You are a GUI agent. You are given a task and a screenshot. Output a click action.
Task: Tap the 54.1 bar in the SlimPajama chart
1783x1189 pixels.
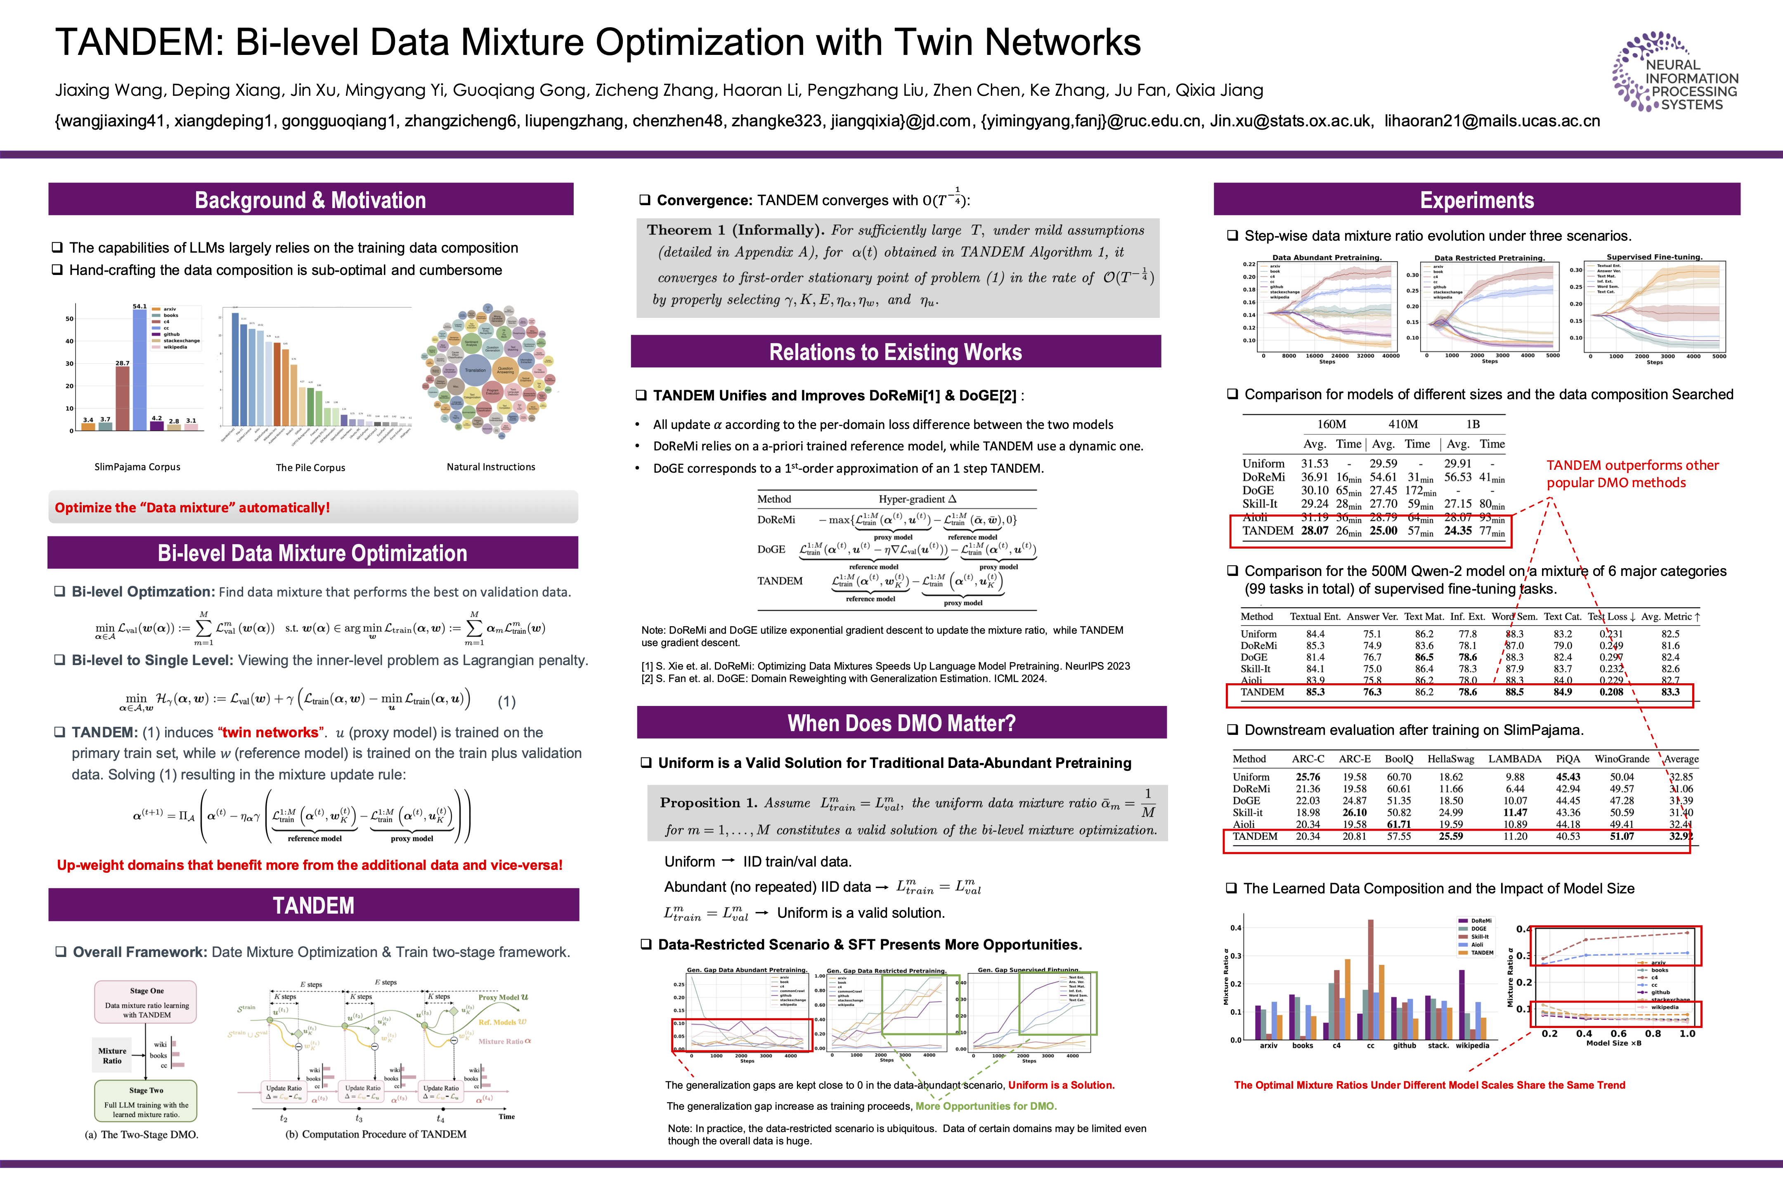point(140,369)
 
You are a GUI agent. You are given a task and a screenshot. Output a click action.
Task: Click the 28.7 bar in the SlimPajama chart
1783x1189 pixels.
point(122,398)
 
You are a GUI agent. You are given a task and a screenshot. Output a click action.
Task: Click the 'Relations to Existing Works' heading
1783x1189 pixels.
point(895,353)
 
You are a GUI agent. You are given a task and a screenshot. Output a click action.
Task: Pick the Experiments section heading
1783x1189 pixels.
point(1477,200)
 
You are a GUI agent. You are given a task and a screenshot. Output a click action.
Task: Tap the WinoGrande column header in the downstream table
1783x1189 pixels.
point(1622,759)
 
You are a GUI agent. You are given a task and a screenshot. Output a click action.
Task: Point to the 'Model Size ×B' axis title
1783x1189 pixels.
point(1614,1043)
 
